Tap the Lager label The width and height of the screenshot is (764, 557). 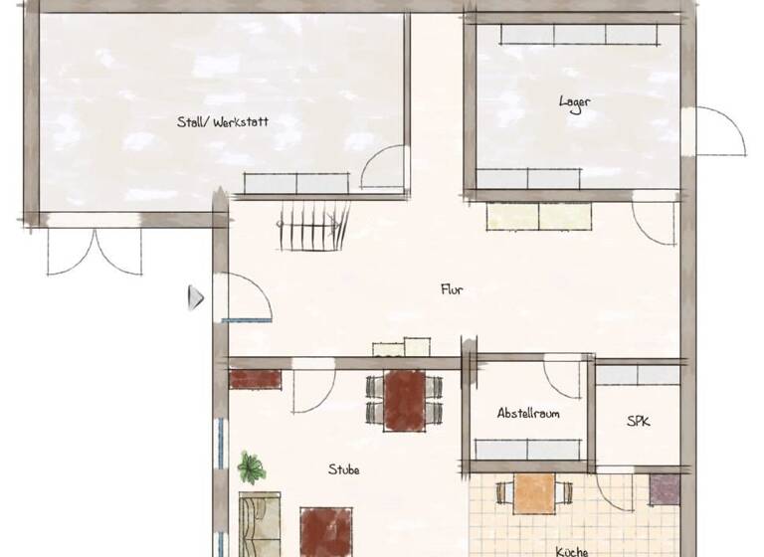574,101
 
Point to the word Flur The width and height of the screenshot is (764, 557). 453,290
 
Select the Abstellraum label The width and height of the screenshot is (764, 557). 527,413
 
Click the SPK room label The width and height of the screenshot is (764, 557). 638,422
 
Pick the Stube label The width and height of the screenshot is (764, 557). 344,469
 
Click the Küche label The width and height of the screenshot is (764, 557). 571,550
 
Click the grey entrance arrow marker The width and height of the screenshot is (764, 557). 196,296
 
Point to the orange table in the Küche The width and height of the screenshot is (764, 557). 535,492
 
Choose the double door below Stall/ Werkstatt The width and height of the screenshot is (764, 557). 95,250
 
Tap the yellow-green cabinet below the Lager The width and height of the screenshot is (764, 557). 539,217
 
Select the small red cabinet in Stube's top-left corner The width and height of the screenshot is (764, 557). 256,379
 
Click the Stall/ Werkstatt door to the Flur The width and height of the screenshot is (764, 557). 384,167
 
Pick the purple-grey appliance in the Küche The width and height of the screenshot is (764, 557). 665,488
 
